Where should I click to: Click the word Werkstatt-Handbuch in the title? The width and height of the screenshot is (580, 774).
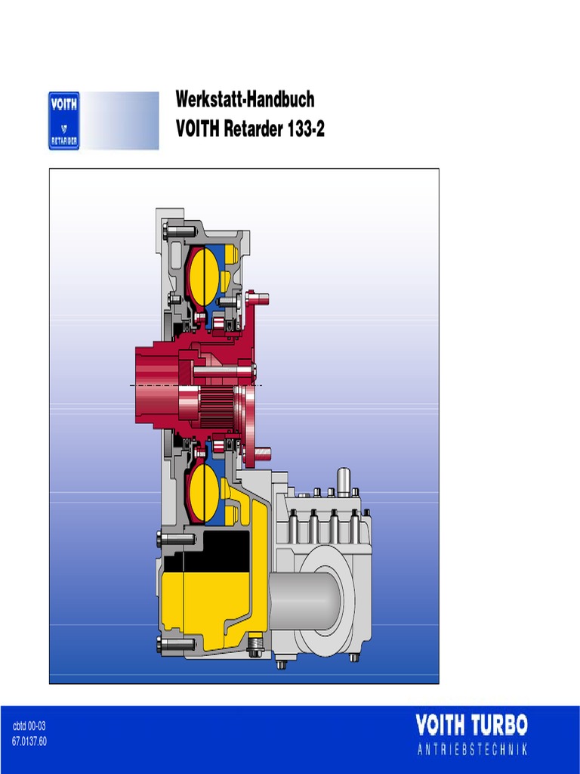click(x=245, y=99)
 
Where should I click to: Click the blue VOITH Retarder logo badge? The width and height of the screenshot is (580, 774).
click(x=63, y=120)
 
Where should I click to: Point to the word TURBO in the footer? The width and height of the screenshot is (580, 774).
click(x=499, y=725)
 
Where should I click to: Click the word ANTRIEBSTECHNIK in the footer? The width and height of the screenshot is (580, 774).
click(x=472, y=749)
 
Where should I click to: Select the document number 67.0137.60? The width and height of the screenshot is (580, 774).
click(x=29, y=741)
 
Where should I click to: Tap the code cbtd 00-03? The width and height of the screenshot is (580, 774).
click(x=29, y=726)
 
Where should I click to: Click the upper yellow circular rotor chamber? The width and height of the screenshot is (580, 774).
click(x=204, y=277)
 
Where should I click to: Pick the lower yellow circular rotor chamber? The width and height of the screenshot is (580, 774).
click(x=204, y=492)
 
